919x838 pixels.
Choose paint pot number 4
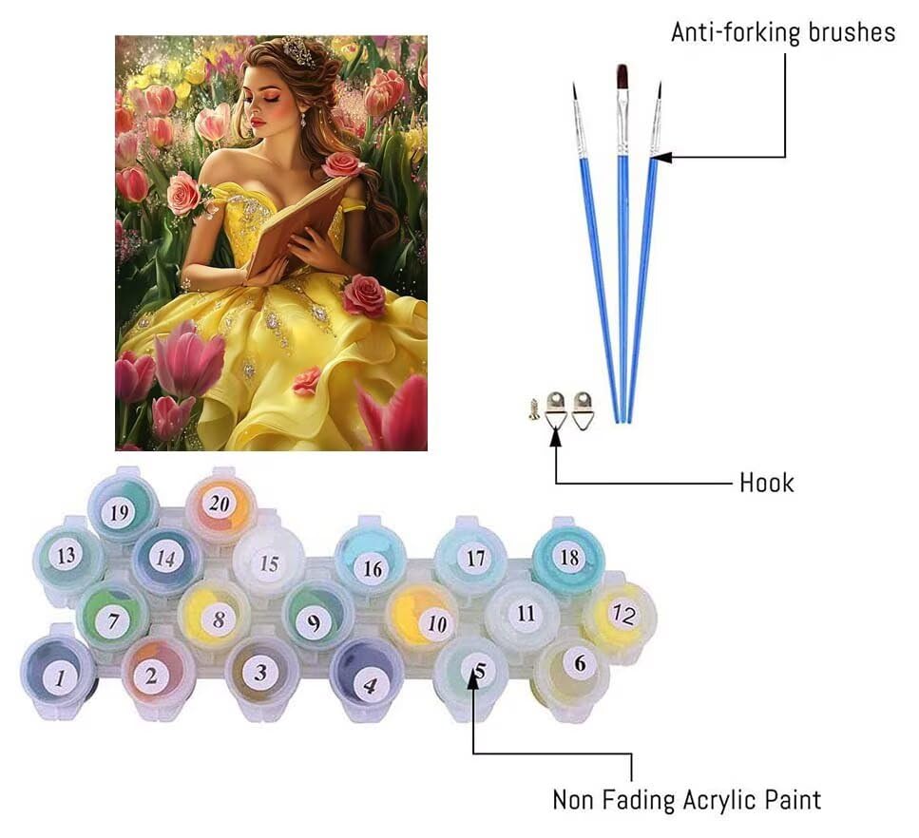367,676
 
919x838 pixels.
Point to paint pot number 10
422,620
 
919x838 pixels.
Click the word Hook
767,484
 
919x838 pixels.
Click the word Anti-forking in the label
736,32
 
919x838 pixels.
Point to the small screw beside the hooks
534,410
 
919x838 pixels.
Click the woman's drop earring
303,120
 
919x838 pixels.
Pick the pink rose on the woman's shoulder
342,164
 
